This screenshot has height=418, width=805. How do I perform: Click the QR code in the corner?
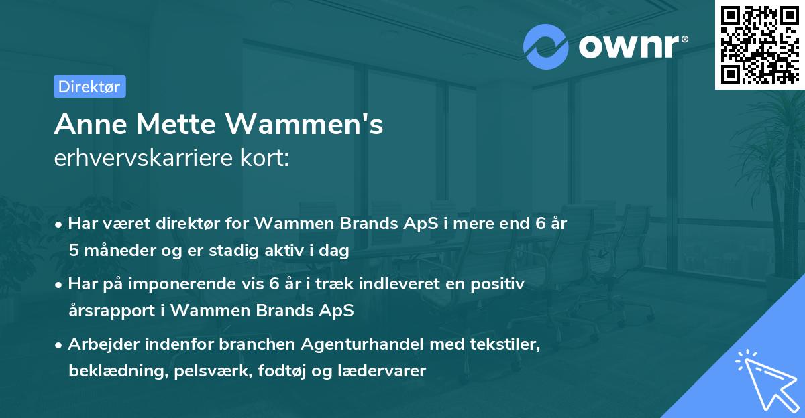(x=759, y=44)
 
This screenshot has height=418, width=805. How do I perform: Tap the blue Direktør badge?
(x=89, y=86)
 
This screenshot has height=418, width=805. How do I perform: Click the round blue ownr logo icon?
(x=545, y=47)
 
